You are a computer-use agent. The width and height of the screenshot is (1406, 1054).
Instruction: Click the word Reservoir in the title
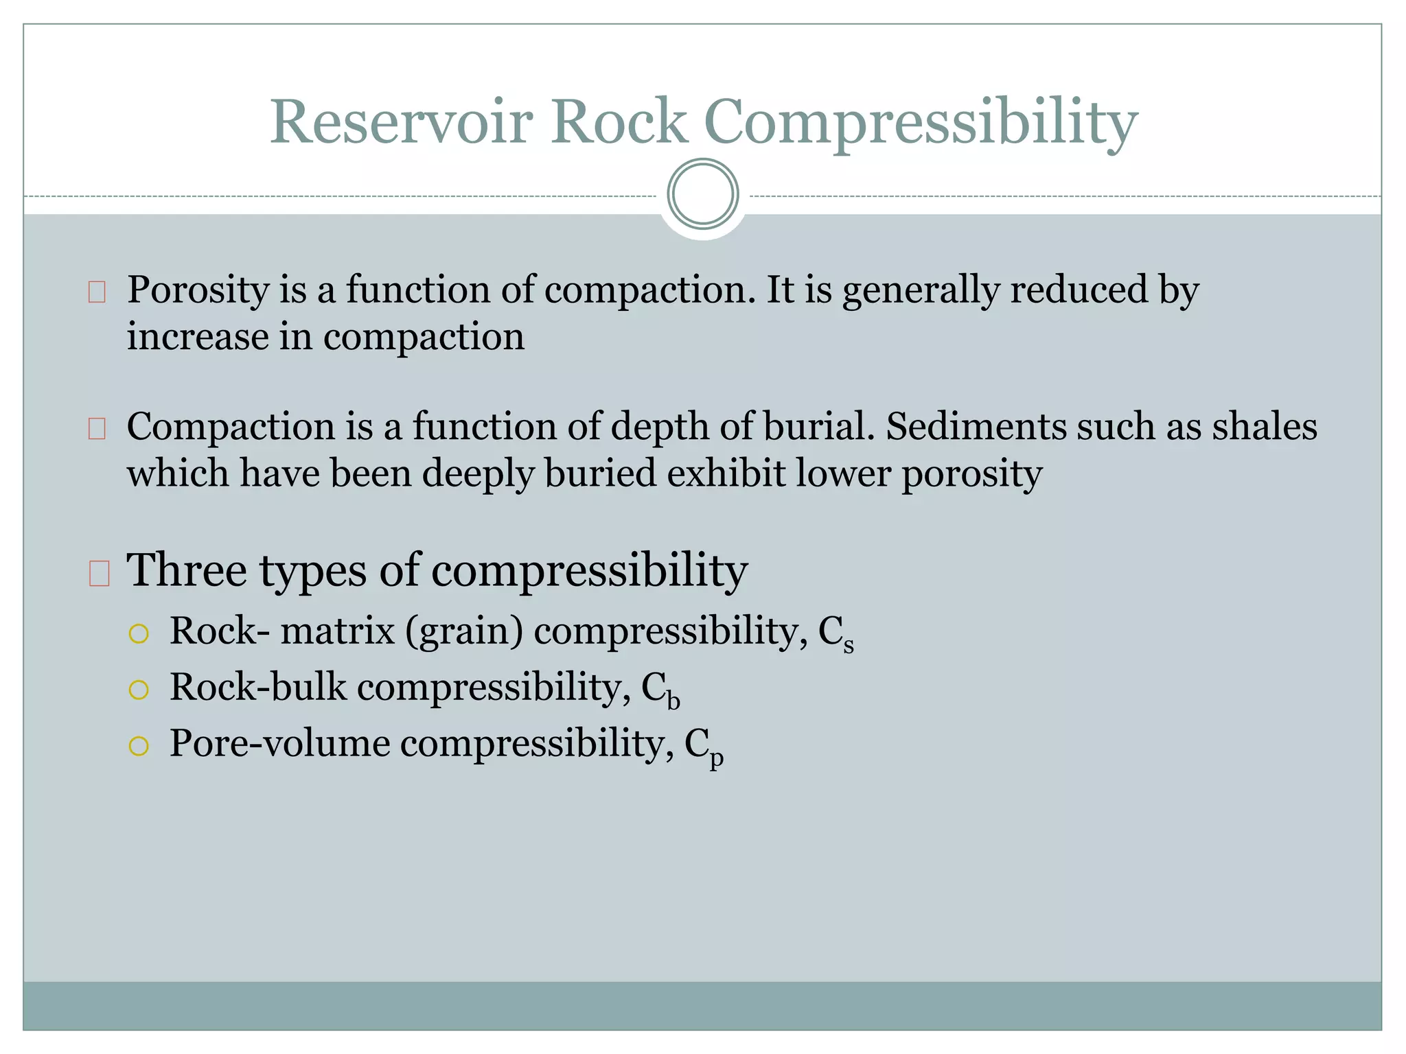401,122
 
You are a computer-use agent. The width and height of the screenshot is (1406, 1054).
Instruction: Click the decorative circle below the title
703,194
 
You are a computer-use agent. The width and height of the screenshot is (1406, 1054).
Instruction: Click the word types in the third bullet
313,571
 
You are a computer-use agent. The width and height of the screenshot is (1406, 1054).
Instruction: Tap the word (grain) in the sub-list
464,631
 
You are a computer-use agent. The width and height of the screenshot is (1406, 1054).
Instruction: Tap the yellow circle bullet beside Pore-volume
139,746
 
